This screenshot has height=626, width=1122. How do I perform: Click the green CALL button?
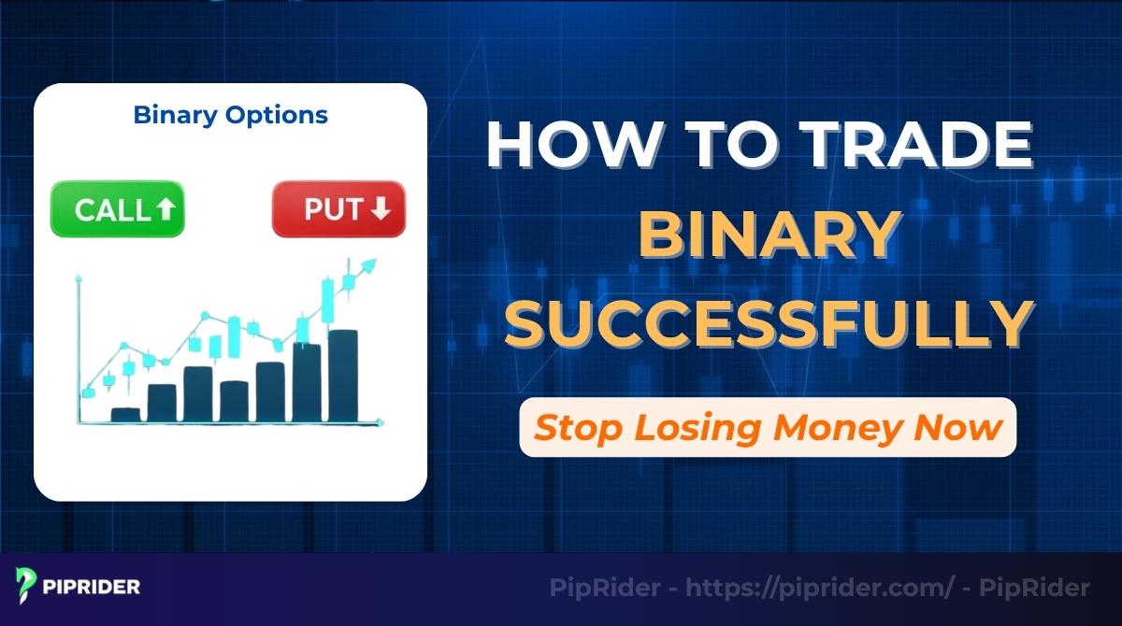tap(118, 208)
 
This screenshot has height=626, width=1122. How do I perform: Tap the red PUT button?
tap(338, 208)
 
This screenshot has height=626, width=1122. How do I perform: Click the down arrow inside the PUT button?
tap(380, 209)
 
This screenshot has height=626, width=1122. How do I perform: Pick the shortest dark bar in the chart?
tap(124, 414)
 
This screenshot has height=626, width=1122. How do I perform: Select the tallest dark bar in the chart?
tap(342, 374)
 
